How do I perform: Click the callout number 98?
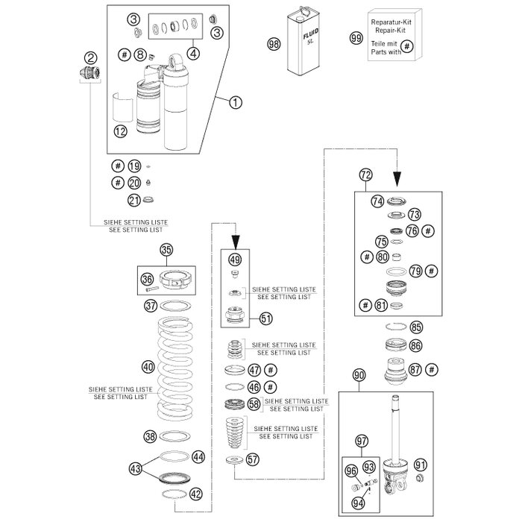coord(273,45)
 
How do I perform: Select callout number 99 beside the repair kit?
coord(356,37)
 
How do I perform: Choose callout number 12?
coord(121,130)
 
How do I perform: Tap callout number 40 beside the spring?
coord(148,367)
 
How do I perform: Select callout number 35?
coord(166,250)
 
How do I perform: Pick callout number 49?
coord(235,260)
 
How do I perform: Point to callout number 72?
coord(365,176)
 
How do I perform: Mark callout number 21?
coord(134,199)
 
